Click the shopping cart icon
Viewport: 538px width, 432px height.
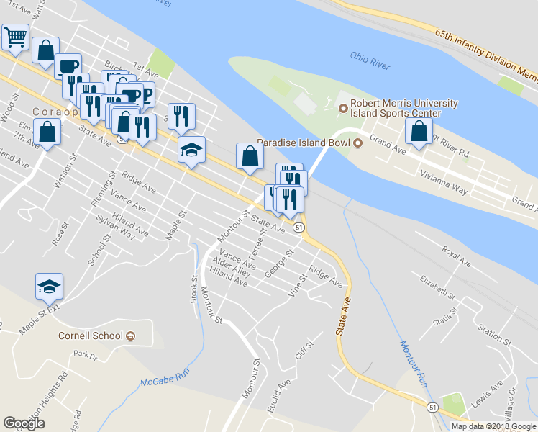[15, 36]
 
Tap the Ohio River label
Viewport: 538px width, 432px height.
[370, 60]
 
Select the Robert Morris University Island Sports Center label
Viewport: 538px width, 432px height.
[400, 109]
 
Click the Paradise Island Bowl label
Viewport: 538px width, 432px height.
[303, 142]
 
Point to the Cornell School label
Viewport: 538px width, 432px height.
[91, 336]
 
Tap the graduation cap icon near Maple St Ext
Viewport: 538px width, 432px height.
[49, 287]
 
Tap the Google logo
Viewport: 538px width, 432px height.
[24, 423]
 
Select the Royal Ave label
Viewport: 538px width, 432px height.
[456, 256]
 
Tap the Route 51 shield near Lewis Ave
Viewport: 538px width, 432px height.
[432, 408]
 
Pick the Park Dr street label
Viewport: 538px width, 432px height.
[84, 355]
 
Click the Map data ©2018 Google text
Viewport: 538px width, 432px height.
[493, 426]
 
